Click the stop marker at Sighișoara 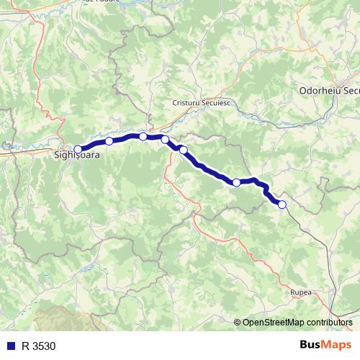pos(78,149)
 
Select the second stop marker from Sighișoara pos(109,141)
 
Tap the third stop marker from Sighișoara pos(143,136)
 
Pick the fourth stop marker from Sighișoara pos(165,139)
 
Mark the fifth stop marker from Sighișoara pos(183,150)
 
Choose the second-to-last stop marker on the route pos(236,182)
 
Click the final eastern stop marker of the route pos(282,204)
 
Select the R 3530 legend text pos(38,346)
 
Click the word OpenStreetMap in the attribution pos(274,322)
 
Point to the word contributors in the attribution pos(330,322)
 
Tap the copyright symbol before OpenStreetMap pos(238,322)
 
